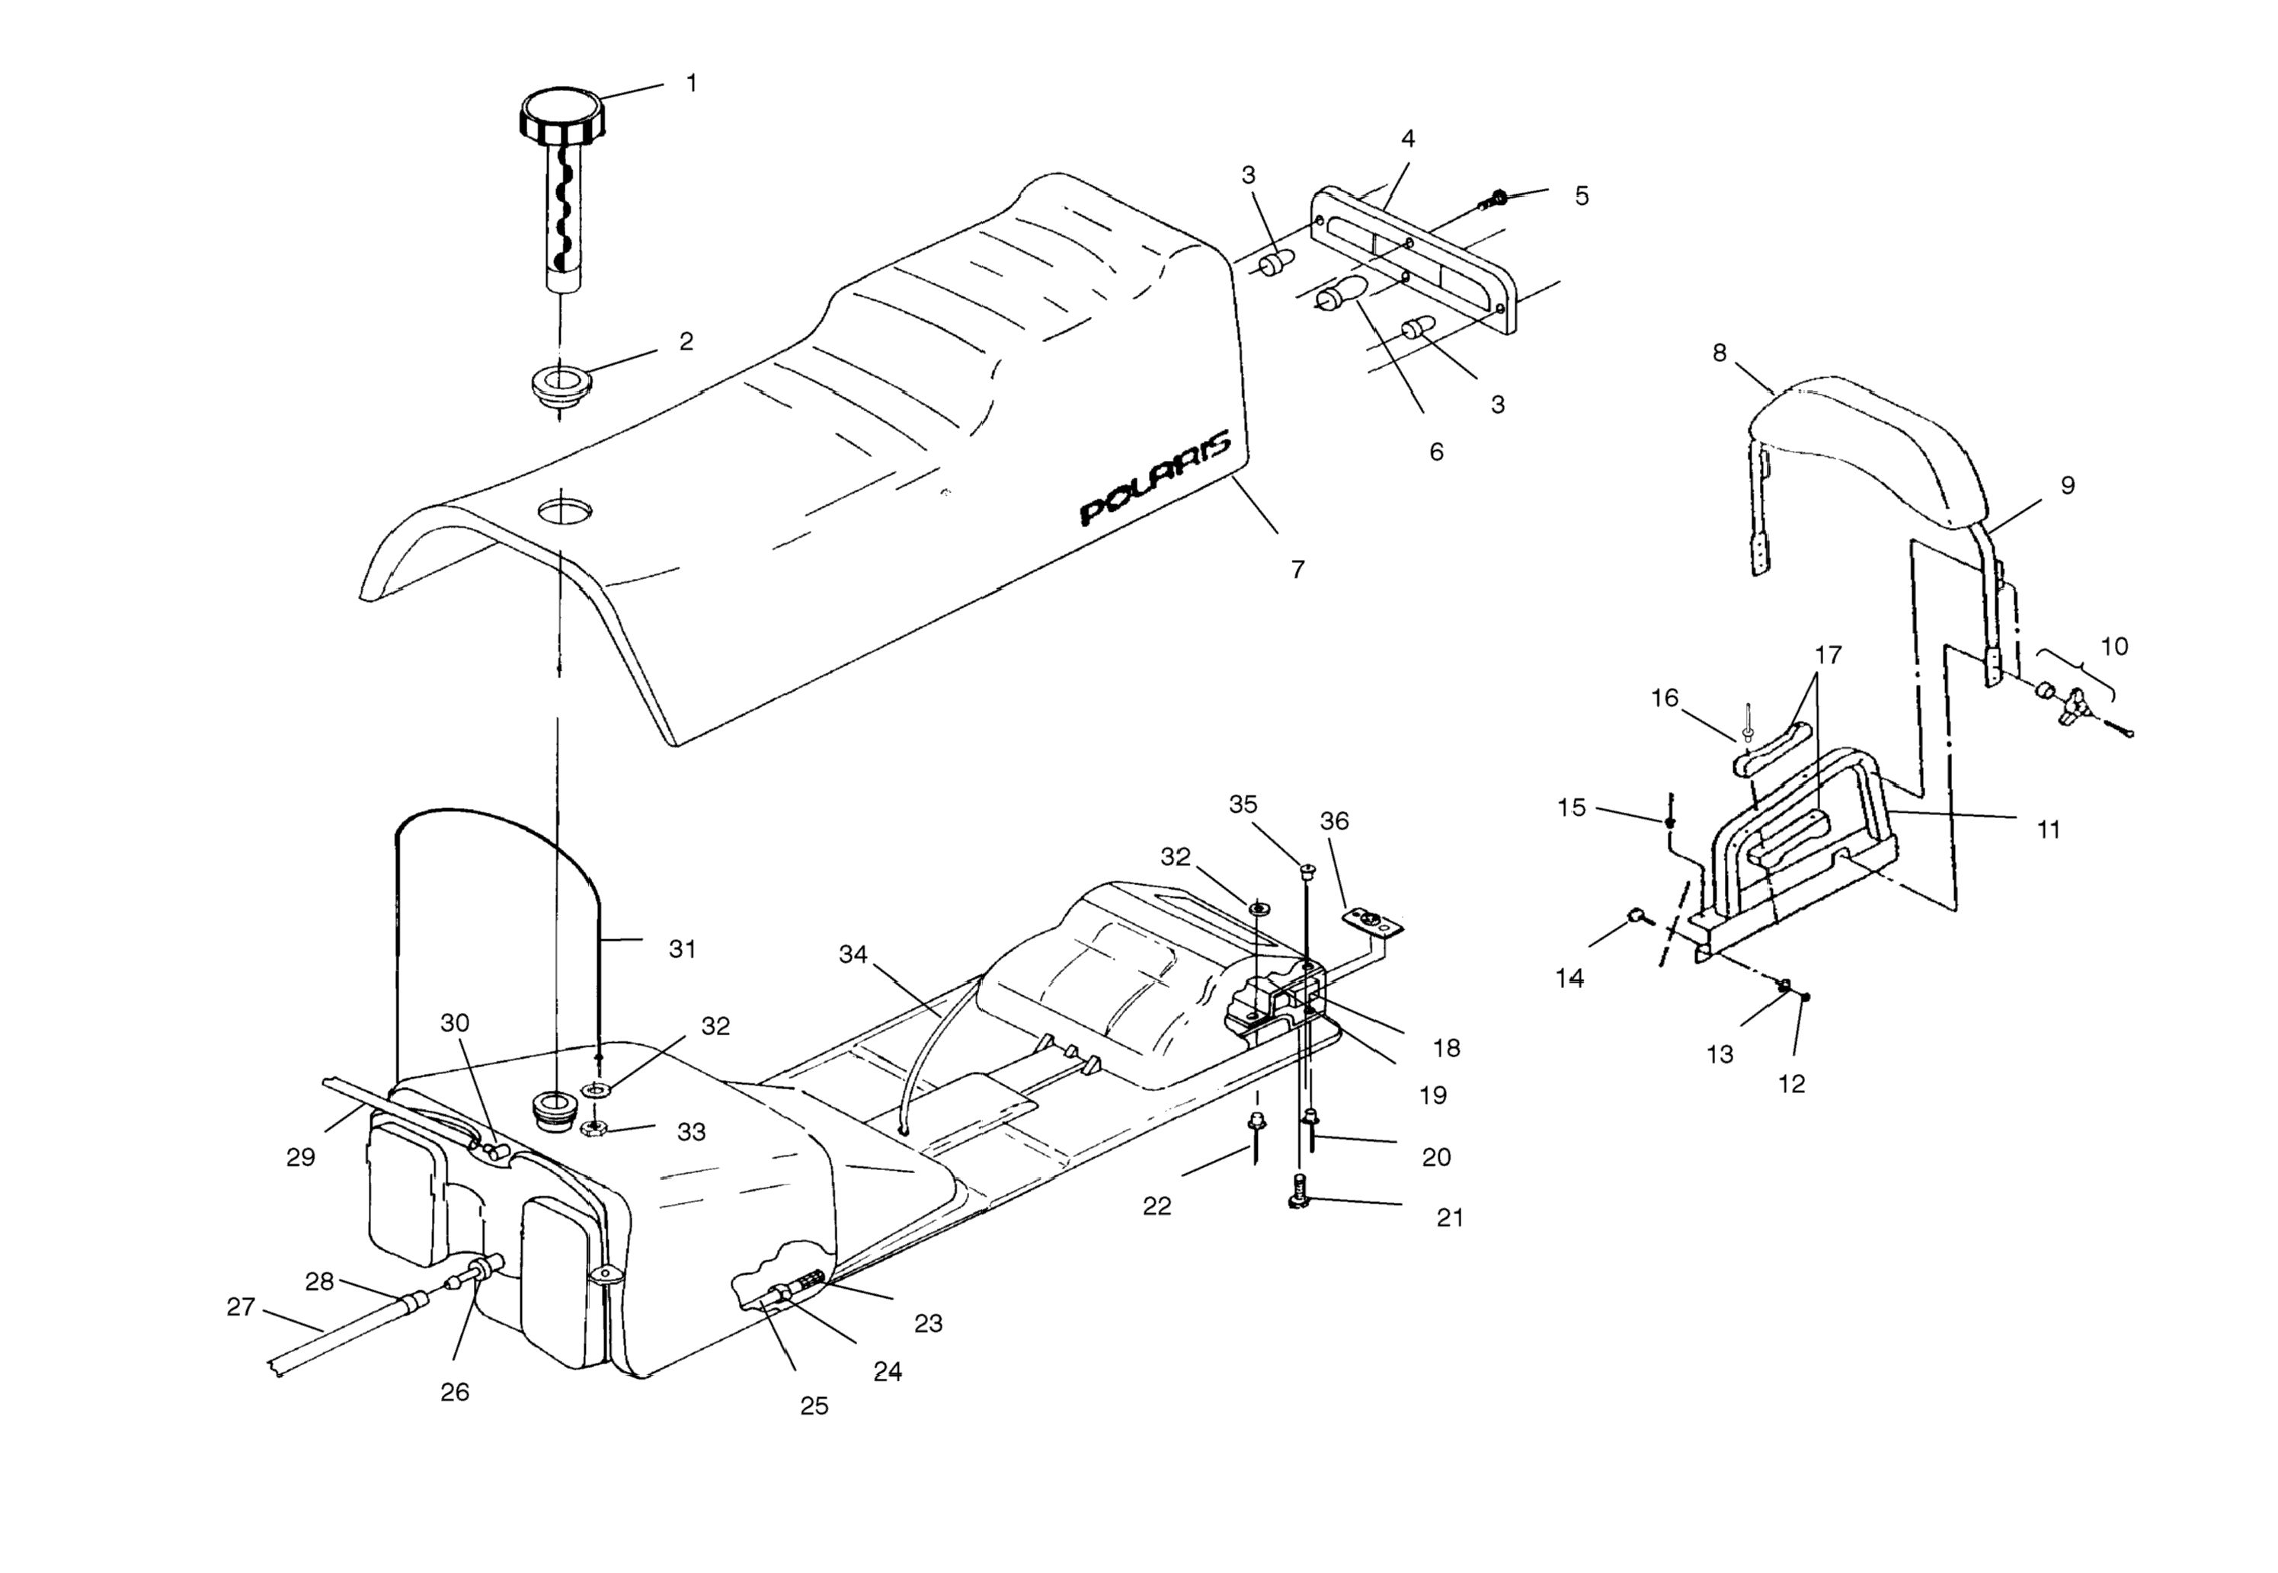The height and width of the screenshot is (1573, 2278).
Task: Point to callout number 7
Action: [1298, 570]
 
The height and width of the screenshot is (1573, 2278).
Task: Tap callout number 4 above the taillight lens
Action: [1408, 139]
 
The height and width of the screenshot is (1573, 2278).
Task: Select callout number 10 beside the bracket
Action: [2114, 647]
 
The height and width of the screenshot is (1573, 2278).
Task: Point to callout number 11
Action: [2049, 830]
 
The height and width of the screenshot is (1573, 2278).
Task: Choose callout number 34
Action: [853, 954]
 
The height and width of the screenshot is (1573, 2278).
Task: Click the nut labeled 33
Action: [594, 1128]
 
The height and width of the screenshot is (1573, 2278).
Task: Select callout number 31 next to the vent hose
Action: [682, 949]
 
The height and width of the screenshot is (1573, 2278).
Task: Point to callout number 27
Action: [241, 1307]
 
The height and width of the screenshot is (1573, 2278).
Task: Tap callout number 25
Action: [813, 1406]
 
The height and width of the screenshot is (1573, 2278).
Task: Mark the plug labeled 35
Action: [1308, 870]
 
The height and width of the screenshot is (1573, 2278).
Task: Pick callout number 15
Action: [1571, 808]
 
